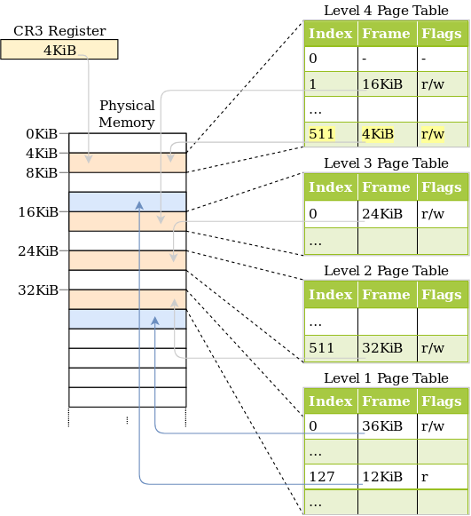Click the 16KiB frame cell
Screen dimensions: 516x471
[387, 84]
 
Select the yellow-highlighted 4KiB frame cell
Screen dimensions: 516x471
[387, 134]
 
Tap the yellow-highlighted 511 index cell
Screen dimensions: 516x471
[331, 134]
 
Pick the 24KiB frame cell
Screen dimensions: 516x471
[387, 214]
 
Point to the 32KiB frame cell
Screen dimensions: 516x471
[387, 348]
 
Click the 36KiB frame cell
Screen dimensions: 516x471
[387, 425]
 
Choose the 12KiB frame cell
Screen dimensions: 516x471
[387, 477]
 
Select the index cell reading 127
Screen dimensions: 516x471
[331, 477]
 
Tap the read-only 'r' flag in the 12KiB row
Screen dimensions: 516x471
[442, 477]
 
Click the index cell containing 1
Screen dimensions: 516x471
[331, 84]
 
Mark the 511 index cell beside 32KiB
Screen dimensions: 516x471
[331, 348]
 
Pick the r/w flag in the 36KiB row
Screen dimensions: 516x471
[442, 425]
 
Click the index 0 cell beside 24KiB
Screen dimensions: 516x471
[331, 214]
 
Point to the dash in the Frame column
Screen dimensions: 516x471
[387, 59]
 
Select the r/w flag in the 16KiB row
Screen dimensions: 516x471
[442, 84]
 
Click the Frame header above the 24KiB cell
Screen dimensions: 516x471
[387, 187]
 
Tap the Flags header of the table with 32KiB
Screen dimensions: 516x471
[442, 295]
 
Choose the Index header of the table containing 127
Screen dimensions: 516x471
[331, 401]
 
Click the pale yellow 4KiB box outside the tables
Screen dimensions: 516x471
[59, 50]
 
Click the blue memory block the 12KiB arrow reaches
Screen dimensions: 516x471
[128, 202]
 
